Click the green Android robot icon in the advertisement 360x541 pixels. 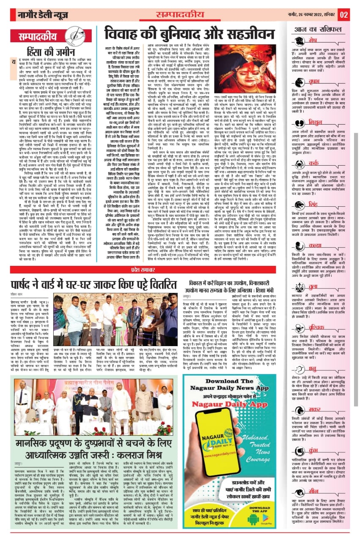pyautogui.click(x=253, y=519)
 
